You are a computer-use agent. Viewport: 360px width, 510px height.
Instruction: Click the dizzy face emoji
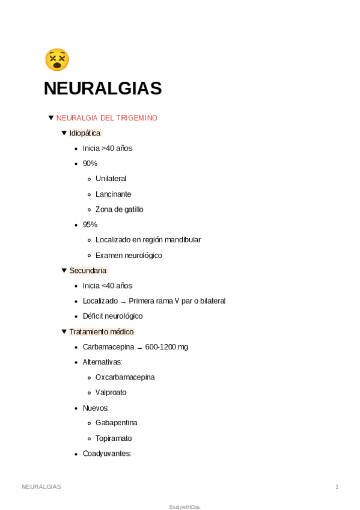(x=57, y=60)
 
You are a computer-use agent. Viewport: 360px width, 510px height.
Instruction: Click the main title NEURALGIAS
(x=103, y=88)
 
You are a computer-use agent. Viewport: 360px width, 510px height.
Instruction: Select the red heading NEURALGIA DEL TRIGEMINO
(x=106, y=118)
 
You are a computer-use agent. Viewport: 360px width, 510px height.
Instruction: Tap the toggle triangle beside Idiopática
(x=64, y=133)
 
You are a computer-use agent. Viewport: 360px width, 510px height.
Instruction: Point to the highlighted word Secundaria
(x=88, y=271)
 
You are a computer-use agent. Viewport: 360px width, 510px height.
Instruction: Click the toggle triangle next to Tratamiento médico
(x=64, y=331)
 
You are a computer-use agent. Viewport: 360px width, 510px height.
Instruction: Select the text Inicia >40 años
(x=107, y=148)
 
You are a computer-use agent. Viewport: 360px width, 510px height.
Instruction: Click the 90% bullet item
(x=90, y=164)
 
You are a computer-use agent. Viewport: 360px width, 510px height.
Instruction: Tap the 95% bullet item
(x=90, y=224)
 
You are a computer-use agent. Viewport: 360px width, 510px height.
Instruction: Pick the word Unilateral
(x=111, y=179)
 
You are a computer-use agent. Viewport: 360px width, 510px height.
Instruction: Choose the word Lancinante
(x=113, y=194)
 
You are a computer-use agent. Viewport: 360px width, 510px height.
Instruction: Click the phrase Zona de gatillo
(x=119, y=209)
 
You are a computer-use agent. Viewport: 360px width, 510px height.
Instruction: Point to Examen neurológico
(x=129, y=255)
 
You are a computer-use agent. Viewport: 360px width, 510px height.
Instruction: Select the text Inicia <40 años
(x=107, y=286)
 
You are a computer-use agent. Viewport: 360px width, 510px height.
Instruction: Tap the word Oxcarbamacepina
(x=125, y=377)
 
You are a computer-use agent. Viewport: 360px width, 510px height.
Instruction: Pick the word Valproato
(x=111, y=392)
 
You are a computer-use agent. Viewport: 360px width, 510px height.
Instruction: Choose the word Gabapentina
(x=116, y=423)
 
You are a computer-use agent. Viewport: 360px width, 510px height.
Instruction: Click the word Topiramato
(x=114, y=438)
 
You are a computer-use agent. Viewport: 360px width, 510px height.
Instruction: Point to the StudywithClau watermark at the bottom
(x=185, y=507)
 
